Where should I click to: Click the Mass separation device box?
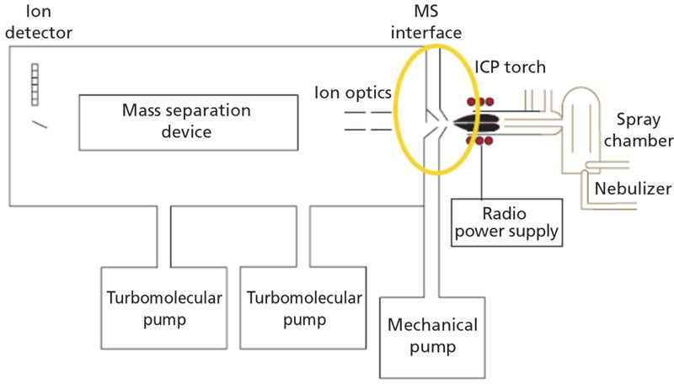click(x=188, y=121)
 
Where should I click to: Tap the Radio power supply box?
click(x=506, y=220)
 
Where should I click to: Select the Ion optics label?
click(x=347, y=90)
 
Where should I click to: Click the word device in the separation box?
click(x=188, y=132)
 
